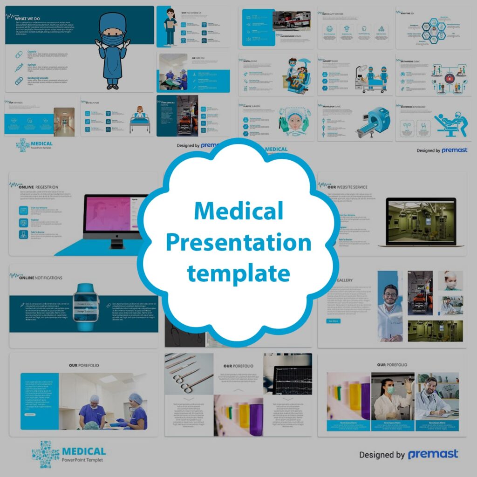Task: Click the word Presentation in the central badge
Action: (x=238, y=243)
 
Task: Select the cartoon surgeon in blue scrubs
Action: (x=112, y=51)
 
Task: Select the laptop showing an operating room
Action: (x=417, y=222)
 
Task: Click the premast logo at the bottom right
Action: (x=433, y=454)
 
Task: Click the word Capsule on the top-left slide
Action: (x=32, y=52)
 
